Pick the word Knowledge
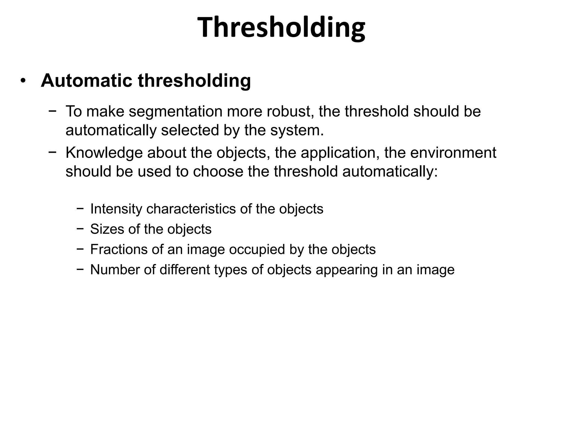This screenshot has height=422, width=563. pyautogui.click(x=104, y=153)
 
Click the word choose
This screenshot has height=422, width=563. pyautogui.click(x=218, y=171)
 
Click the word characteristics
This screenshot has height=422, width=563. pyautogui.click(x=191, y=209)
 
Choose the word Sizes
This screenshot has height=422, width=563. pyautogui.click(x=107, y=229)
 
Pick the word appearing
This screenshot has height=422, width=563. pyautogui.click(x=346, y=270)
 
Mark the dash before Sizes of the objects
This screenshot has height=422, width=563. pyautogui.click(x=80, y=229)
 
